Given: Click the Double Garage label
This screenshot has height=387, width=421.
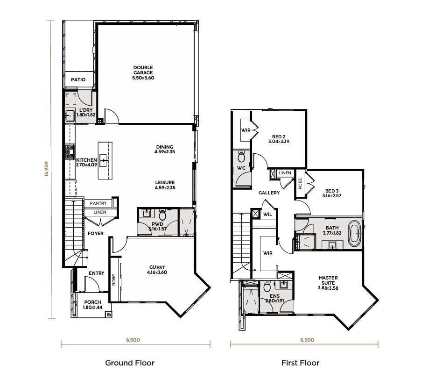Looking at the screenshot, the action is pyautogui.click(x=143, y=70).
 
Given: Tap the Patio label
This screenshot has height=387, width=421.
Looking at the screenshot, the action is pyautogui.click(x=78, y=79).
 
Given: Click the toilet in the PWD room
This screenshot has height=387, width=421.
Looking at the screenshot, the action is pyautogui.click(x=162, y=215).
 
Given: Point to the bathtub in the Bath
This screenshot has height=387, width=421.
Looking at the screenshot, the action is pyautogui.click(x=355, y=233).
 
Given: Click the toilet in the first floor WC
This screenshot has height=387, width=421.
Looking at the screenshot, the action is pyautogui.click(x=241, y=157).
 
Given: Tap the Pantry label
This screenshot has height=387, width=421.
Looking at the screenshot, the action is pyautogui.click(x=98, y=203).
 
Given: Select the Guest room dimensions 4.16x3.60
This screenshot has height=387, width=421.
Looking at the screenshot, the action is pyautogui.click(x=157, y=272).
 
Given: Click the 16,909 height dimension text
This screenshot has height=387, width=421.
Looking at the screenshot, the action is pyautogui.click(x=47, y=169).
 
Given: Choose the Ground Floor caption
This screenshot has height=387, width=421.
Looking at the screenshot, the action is pyautogui.click(x=130, y=363).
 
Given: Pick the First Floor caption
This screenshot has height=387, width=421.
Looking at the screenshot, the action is pyautogui.click(x=300, y=363).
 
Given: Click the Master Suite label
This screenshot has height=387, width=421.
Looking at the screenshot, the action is pyautogui.click(x=328, y=280).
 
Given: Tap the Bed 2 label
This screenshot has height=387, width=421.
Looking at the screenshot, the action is pyautogui.click(x=279, y=136).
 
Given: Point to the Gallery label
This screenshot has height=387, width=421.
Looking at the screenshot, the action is pyautogui.click(x=269, y=193).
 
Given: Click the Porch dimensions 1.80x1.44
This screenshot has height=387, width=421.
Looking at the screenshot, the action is pyautogui.click(x=92, y=308).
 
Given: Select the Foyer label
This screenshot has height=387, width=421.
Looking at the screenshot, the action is pyautogui.click(x=96, y=233).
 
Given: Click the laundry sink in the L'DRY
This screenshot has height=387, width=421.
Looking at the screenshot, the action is pyautogui.click(x=70, y=116).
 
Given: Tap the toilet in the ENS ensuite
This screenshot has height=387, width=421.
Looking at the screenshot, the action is pyautogui.click(x=267, y=287).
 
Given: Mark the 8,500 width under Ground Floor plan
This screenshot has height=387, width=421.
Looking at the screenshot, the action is pyautogui.click(x=133, y=340).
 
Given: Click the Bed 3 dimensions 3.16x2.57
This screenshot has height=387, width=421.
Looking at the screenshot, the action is pyautogui.click(x=332, y=196).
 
